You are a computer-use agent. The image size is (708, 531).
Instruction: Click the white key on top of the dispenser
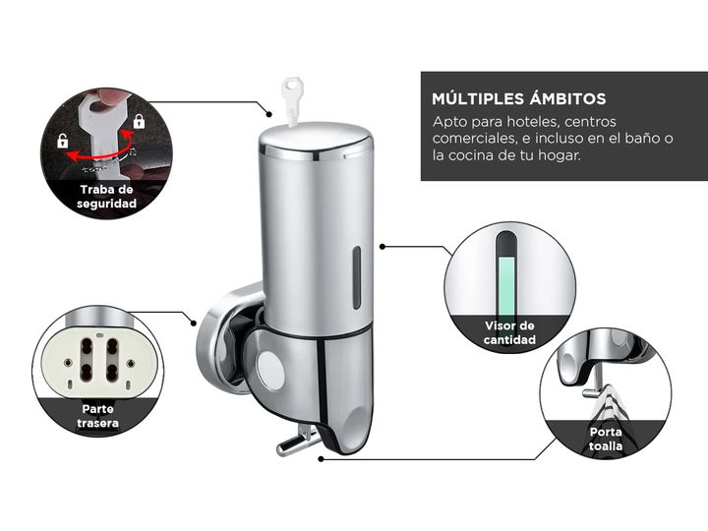pos(291,100)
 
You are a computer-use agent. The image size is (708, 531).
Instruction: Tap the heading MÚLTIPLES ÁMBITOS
pos(519,98)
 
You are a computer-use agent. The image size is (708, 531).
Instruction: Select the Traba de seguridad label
pos(106,197)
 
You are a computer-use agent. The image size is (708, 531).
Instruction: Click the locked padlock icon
pos(139,121)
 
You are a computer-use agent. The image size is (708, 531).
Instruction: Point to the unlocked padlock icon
pos(62,141)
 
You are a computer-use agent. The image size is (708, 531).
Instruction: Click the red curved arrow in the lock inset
pos(99,149)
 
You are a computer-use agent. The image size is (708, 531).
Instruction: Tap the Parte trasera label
pos(98,416)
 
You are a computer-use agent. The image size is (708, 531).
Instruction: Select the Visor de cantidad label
pos(509,332)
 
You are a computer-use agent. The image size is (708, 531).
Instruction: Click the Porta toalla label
pos(606,439)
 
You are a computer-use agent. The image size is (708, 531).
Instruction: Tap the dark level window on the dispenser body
pos(357,277)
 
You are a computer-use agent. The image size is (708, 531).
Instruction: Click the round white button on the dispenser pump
pos(271,371)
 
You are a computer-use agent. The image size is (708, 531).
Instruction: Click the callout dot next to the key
pos(269,114)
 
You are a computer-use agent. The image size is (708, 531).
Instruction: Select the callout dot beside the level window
pos(383,247)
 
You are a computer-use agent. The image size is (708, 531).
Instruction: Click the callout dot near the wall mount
pos(194,324)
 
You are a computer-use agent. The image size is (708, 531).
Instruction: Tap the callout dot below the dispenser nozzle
pos(321,459)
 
